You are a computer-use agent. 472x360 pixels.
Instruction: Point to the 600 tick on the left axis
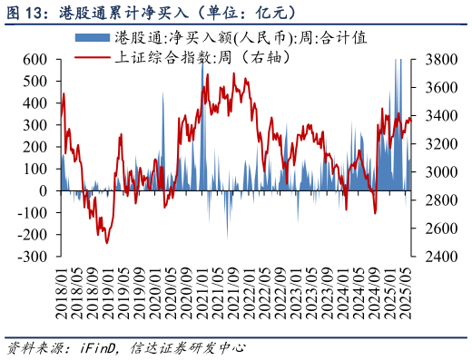[35, 59]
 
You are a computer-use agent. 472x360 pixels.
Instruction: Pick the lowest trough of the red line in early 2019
[106, 242]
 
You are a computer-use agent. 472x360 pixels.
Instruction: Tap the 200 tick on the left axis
[35, 147]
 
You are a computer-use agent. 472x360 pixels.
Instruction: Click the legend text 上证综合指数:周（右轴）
[203, 57]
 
